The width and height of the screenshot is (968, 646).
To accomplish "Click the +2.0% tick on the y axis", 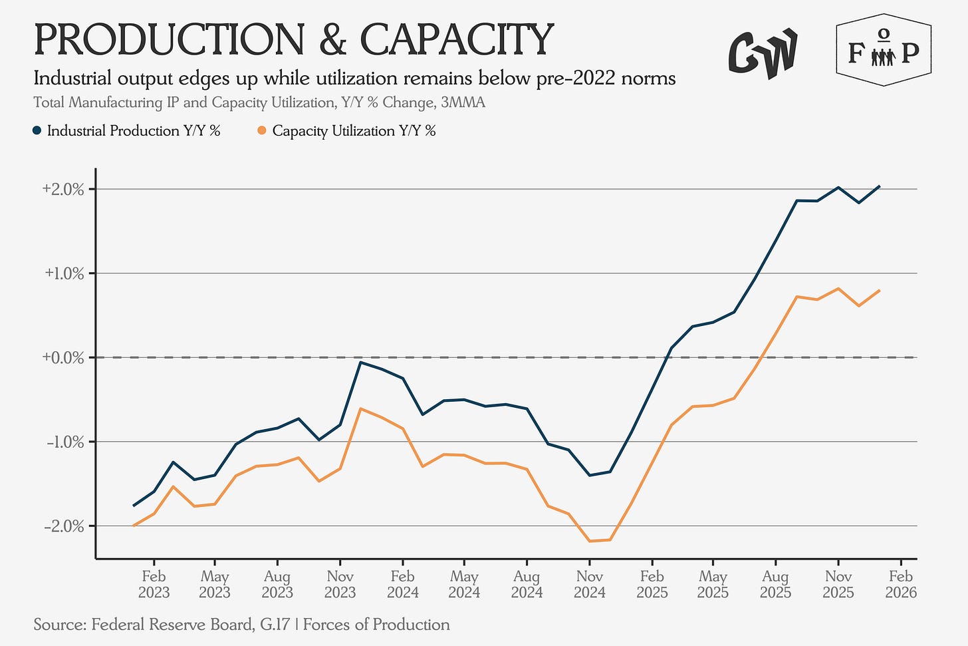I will point(63,189).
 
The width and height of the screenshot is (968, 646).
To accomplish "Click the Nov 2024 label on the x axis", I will point(590,583).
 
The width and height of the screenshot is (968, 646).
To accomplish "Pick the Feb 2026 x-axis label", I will point(901,583).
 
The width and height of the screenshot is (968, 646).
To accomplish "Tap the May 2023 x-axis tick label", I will point(215,583).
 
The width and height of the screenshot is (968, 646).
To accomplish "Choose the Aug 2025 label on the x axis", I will point(775,583).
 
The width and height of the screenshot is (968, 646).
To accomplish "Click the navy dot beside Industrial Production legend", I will point(38,131).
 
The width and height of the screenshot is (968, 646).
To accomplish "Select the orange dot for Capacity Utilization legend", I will point(262,131).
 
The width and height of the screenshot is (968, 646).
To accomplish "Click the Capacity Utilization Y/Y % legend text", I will point(354,131).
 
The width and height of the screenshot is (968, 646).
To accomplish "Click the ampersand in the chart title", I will point(332,40).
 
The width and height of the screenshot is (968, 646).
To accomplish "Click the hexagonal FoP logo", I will point(883,51).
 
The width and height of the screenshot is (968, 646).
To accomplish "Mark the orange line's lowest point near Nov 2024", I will point(590,541).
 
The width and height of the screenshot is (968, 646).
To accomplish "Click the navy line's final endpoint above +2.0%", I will point(879,186).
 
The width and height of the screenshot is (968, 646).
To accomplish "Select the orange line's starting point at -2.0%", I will point(134,526).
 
